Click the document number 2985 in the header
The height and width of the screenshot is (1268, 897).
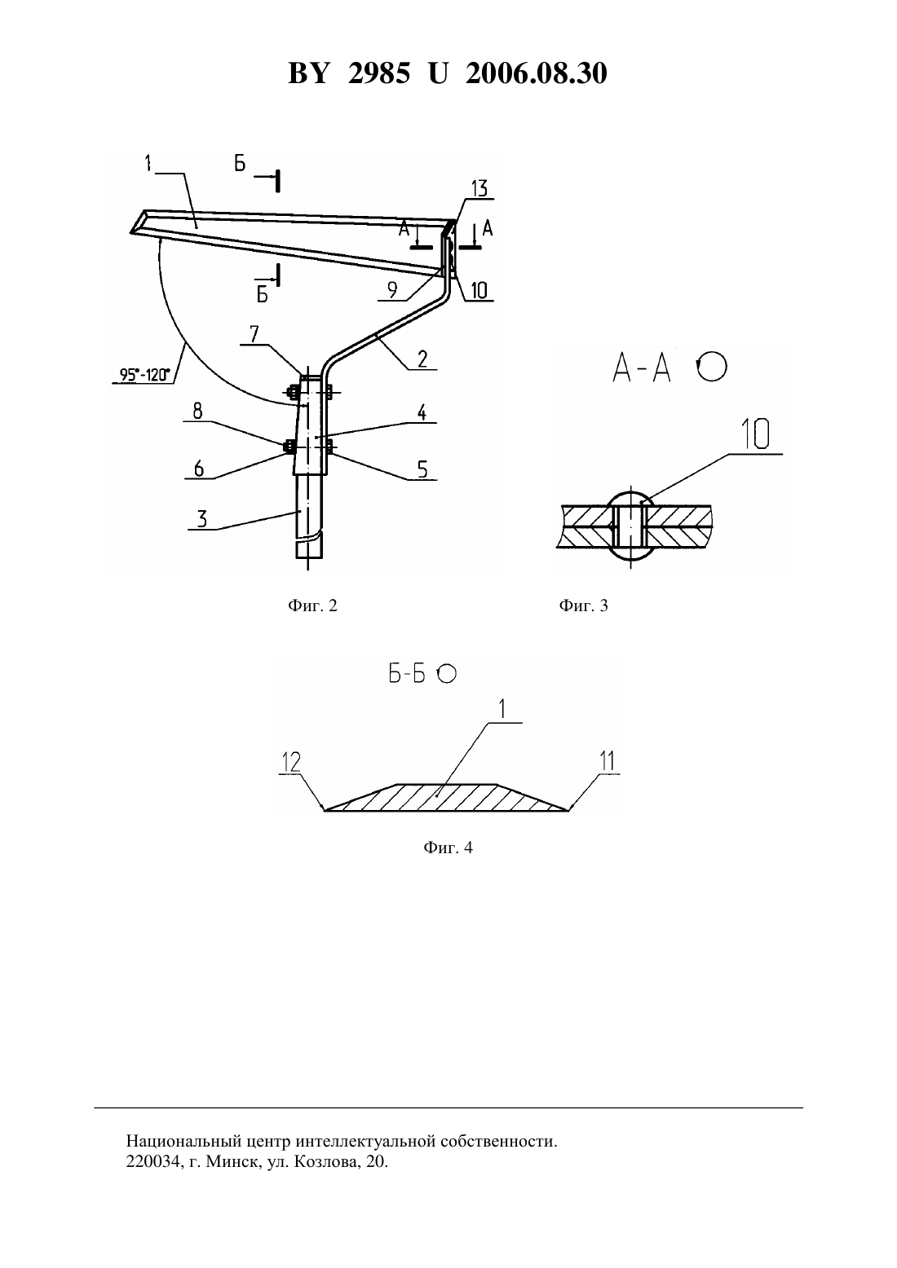(378, 73)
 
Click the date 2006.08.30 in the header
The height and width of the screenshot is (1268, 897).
(537, 73)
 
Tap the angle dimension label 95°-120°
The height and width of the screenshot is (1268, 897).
(144, 375)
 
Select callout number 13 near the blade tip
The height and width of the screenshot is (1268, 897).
(479, 188)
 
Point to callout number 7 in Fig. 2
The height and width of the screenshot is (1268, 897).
(254, 335)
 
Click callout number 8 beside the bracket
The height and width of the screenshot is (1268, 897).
(197, 411)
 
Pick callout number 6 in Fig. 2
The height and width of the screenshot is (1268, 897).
(198, 469)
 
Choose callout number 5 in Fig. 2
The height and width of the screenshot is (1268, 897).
(422, 469)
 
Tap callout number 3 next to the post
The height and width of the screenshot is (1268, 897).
(201, 518)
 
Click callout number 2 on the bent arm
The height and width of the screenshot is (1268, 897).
(422, 359)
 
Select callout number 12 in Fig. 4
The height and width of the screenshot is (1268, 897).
(291, 762)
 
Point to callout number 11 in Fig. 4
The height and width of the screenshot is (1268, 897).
(607, 761)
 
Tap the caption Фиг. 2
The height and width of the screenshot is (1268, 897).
(312, 606)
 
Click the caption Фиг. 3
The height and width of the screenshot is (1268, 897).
(583, 606)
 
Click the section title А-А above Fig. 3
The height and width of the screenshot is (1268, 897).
(642, 370)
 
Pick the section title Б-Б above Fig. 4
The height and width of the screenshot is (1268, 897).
(407, 674)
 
